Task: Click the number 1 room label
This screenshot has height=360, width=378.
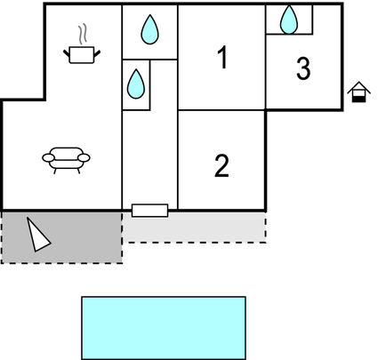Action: (222, 57)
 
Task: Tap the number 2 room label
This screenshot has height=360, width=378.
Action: (221, 165)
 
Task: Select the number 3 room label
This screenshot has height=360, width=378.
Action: (303, 68)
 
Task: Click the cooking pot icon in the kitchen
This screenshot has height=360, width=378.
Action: (82, 55)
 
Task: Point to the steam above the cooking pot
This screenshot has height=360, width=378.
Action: (83, 34)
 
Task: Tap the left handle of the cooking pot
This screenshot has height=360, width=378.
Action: (67, 53)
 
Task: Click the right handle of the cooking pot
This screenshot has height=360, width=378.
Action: (97, 53)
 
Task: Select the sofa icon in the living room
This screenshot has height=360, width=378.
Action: (66, 160)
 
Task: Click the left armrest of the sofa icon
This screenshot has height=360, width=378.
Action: (49, 157)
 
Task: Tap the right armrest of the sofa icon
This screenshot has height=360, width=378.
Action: (84, 157)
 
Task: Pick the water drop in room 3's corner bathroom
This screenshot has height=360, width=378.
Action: (289, 20)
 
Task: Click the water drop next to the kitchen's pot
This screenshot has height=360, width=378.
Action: (149, 29)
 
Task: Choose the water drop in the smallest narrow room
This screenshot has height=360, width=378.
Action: (136, 84)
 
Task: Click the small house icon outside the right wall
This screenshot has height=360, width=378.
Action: (358, 92)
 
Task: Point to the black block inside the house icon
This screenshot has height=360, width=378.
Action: (358, 99)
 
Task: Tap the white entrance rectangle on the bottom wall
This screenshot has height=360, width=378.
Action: (149, 211)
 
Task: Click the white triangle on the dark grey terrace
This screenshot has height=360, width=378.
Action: (37, 236)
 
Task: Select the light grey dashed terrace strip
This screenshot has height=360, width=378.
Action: (194, 228)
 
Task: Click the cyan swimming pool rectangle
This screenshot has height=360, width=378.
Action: (164, 328)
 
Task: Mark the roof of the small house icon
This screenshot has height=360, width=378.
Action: (358, 87)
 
